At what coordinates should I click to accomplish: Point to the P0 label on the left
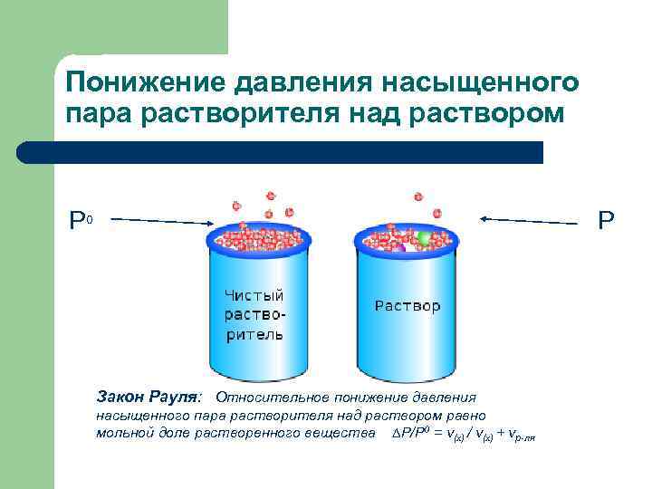pos(81,220)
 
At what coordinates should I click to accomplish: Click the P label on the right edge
pos(606,220)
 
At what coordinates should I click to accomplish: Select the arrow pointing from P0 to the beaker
pos(163,220)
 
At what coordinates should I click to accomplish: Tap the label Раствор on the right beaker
pos(407,306)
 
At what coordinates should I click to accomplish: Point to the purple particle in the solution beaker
pos(398,245)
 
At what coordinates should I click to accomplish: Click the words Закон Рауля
pos(150,397)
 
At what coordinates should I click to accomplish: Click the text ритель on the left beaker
pos(254,334)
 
